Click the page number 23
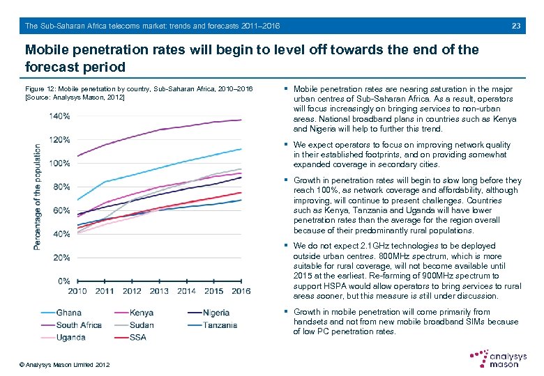[516, 26]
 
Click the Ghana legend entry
[68, 313]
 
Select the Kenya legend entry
[142, 313]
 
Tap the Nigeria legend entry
[216, 313]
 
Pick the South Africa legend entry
[79, 325]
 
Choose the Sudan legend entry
[142, 325]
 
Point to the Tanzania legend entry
[220, 325]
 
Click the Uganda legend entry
[71, 338]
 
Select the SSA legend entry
[137, 338]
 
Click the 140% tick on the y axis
[59, 116]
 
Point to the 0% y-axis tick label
[63, 281]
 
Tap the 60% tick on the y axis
[61, 210]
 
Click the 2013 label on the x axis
[158, 291]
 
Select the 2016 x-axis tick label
[241, 291]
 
